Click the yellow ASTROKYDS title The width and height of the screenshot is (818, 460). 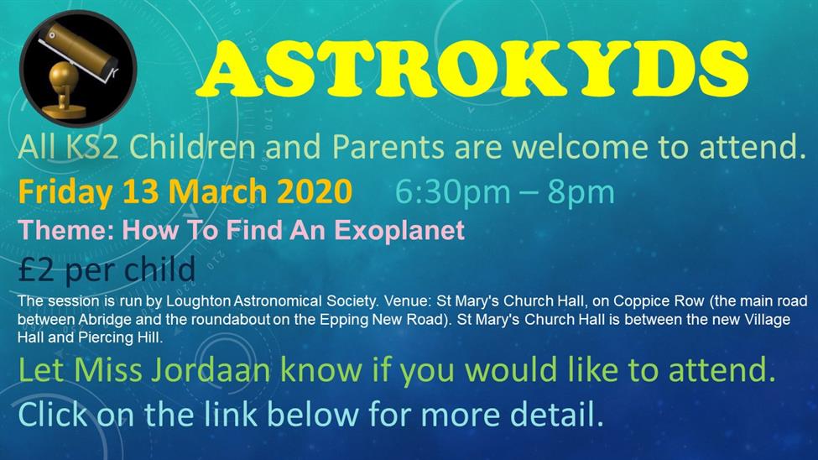[472, 69]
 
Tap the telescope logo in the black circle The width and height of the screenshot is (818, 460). [78, 68]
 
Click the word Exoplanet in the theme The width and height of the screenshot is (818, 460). [399, 230]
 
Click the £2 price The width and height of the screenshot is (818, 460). [35, 270]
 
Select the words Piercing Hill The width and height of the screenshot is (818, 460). [120, 337]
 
